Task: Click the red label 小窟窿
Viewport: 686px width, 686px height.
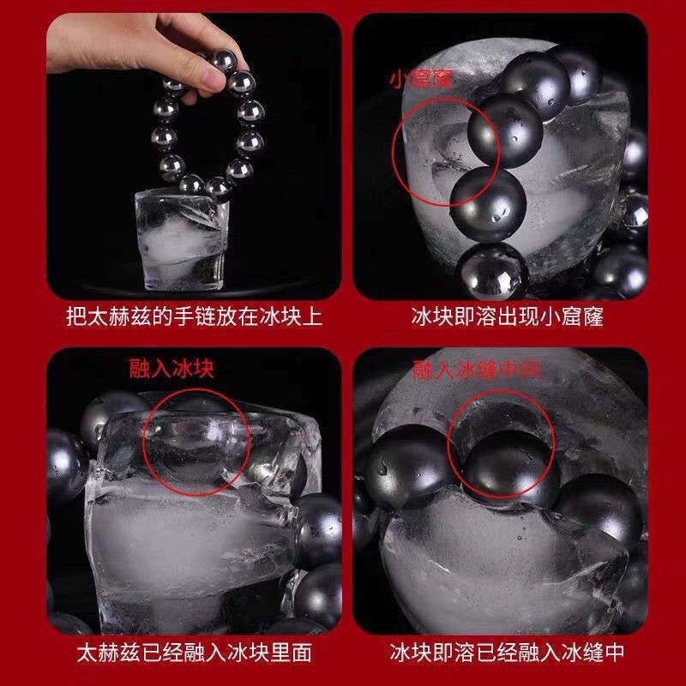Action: pyautogui.click(x=420, y=80)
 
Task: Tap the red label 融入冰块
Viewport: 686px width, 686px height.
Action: pyautogui.click(x=172, y=369)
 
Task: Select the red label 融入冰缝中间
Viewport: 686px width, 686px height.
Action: pyautogui.click(x=476, y=370)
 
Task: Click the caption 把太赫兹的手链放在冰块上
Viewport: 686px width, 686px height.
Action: pyautogui.click(x=194, y=316)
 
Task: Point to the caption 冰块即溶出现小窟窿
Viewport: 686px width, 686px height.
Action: pyautogui.click(x=507, y=316)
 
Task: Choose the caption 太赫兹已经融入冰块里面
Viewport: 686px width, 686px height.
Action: pyautogui.click(x=195, y=653)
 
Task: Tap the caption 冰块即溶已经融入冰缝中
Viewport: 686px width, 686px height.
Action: pyautogui.click(x=507, y=653)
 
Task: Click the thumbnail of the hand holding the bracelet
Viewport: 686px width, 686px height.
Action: pyautogui.click(x=194, y=156)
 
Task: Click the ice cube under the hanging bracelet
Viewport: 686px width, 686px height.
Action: pyautogui.click(x=182, y=241)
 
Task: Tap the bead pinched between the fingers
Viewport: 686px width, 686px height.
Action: pyautogui.click(x=223, y=60)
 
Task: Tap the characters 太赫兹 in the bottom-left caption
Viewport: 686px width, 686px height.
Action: pyautogui.click(x=109, y=653)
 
